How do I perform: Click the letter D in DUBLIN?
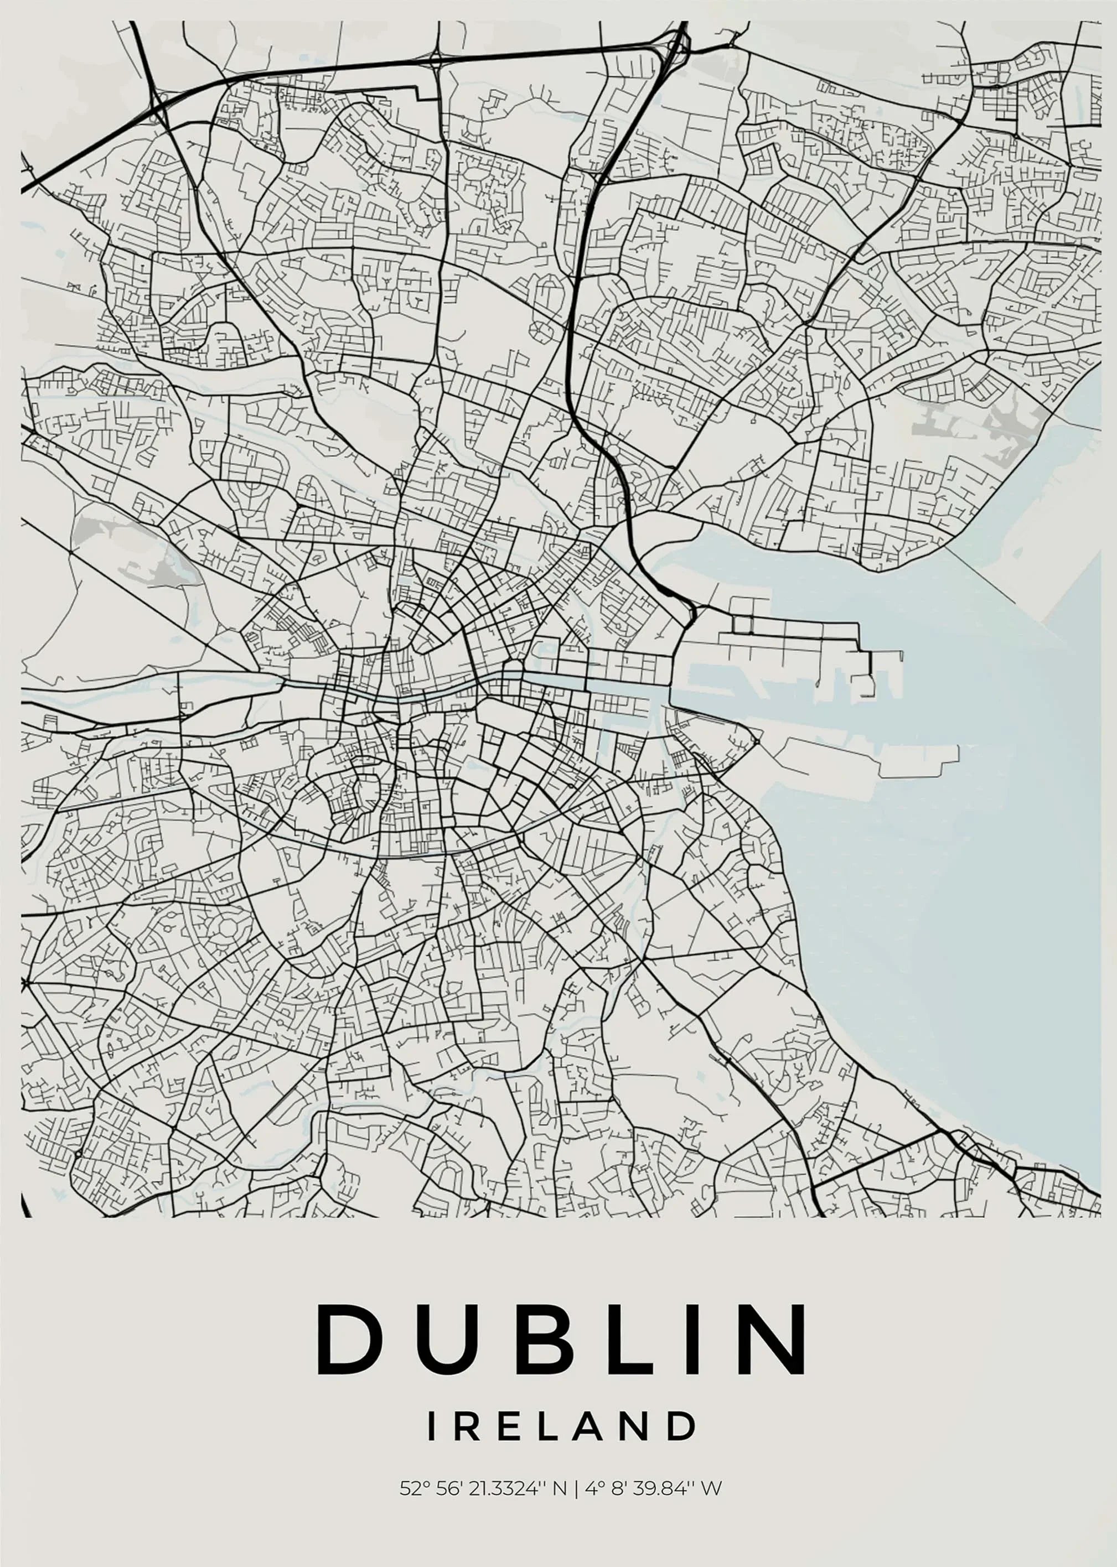[349, 1338]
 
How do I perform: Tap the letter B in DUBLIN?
[545, 1338]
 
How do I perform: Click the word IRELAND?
[561, 1426]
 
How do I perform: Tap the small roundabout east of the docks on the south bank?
[755, 741]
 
